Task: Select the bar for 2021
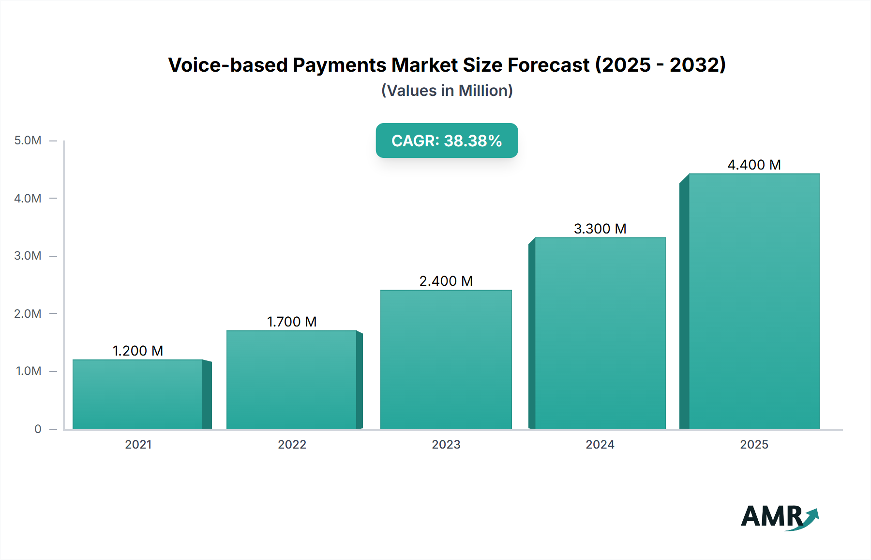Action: (x=138, y=394)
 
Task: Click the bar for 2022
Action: (x=292, y=380)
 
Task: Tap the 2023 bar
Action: (x=446, y=359)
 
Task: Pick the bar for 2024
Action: (x=600, y=333)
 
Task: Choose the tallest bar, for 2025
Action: (x=754, y=301)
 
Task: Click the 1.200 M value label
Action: (x=138, y=351)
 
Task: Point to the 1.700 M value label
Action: (x=292, y=322)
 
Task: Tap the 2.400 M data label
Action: (x=446, y=281)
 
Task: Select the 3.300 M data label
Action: (x=600, y=229)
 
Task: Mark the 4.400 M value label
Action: (x=754, y=165)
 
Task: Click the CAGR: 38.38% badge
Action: (x=447, y=140)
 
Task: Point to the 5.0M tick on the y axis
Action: (x=28, y=140)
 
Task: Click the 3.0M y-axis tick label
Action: (x=28, y=256)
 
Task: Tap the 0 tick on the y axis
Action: (x=38, y=429)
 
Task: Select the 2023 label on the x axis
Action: (x=446, y=445)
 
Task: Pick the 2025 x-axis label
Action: (x=754, y=445)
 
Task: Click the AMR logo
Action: (x=779, y=516)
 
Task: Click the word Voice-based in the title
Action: (x=227, y=65)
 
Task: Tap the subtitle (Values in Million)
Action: (x=447, y=91)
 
